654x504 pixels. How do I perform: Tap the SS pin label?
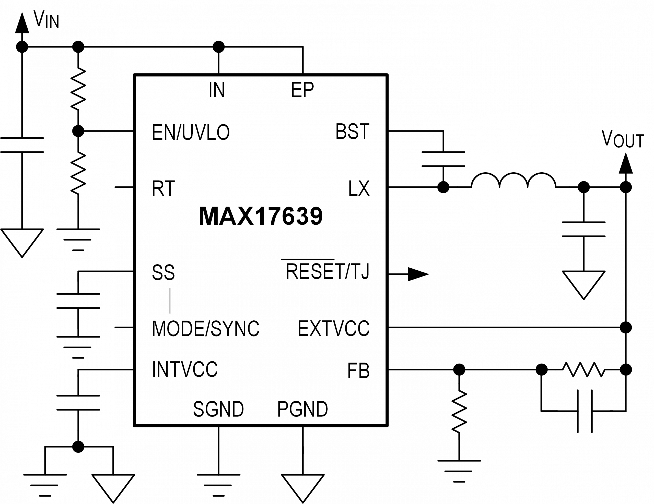163,272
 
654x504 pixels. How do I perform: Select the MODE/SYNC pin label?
207,329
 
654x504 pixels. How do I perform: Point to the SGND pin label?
219,409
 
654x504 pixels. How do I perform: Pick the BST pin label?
349,132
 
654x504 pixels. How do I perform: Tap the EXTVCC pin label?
340,329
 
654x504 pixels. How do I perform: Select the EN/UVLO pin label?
198,132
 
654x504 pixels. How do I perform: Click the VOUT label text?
617,139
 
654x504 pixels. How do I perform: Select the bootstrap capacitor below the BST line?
443,159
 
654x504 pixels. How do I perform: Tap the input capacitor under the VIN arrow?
22,145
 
